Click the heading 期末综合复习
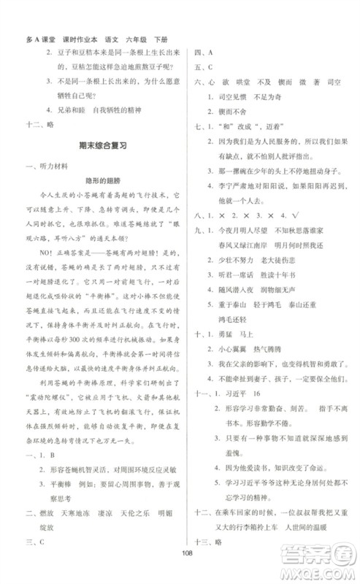(102, 146)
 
